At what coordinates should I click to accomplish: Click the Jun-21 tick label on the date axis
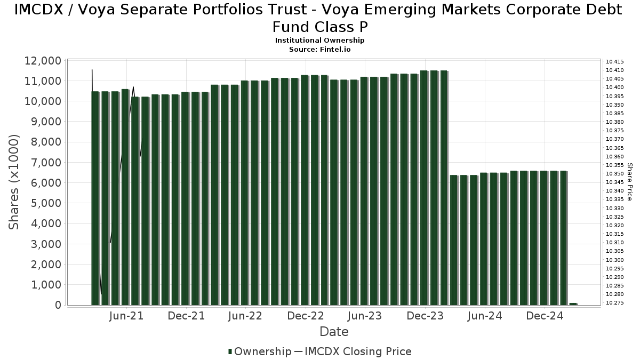[126, 316]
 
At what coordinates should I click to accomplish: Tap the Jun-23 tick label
[365, 316]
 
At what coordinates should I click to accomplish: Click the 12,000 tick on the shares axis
[43, 61]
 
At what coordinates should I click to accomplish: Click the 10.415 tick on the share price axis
[615, 62]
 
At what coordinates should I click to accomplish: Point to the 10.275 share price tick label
[615, 303]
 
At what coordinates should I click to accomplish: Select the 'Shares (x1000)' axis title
[14, 182]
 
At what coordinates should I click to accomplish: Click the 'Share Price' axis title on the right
[630, 182]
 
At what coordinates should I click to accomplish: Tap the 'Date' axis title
[334, 332]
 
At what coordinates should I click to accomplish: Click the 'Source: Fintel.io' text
[319, 49]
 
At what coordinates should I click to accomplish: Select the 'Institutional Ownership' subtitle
[319, 41]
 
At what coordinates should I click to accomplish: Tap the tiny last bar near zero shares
[573, 303]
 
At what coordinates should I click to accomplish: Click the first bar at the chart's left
[95, 197]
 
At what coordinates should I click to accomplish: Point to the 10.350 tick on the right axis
[615, 174]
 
